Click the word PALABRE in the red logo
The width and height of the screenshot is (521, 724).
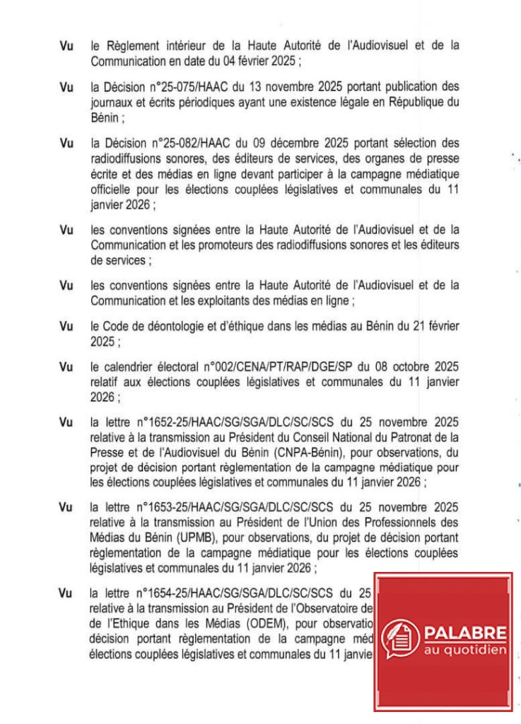click(x=466, y=631)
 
